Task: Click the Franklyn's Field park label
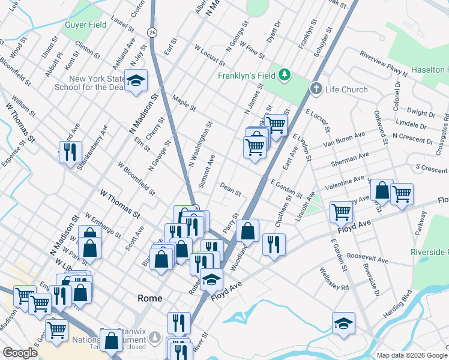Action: point(247,76)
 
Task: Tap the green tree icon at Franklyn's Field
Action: point(284,76)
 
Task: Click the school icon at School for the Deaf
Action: point(136,81)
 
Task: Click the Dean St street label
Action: point(231,190)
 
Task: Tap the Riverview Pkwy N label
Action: point(383,63)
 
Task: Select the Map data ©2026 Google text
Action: point(411,355)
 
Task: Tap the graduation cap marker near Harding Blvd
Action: point(343,324)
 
